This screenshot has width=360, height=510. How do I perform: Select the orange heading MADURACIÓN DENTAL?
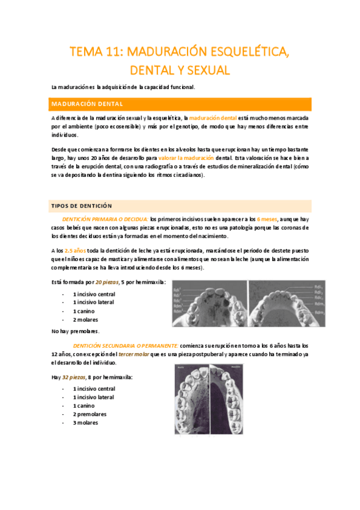tap(87, 103)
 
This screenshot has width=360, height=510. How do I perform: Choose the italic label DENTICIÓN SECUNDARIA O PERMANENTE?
tap(125, 346)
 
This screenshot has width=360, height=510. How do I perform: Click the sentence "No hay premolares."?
tap(75, 331)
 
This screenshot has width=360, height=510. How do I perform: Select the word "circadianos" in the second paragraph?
tap(184, 175)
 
